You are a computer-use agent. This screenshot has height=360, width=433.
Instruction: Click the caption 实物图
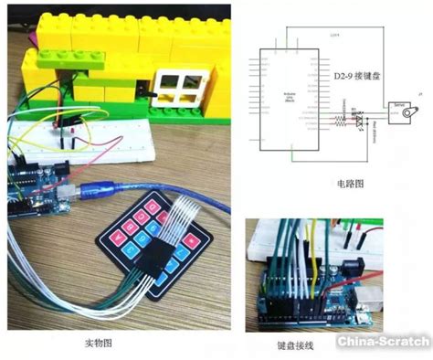click(116, 343)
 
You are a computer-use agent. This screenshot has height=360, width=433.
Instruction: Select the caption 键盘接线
click(322, 345)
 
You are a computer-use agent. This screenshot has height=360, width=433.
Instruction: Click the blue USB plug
click(93, 192)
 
